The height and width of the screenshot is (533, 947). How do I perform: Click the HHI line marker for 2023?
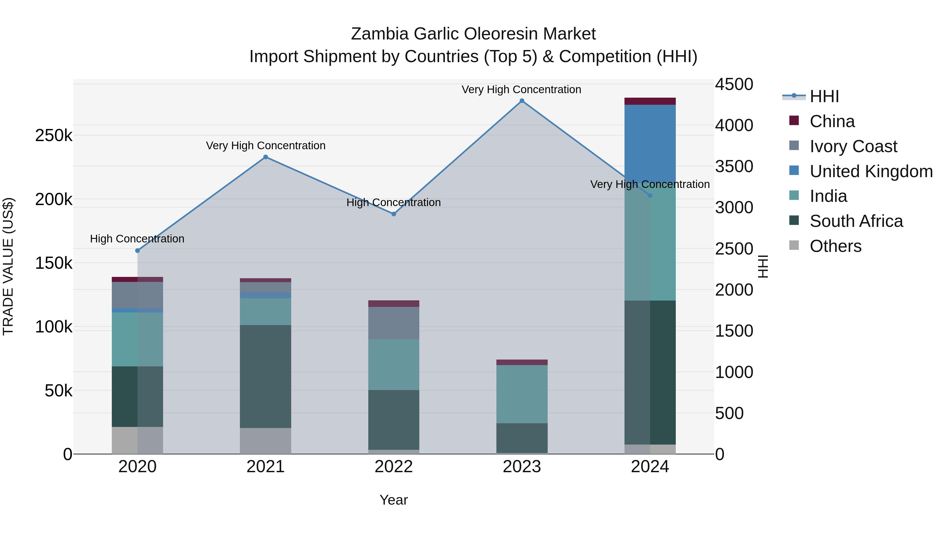click(522, 101)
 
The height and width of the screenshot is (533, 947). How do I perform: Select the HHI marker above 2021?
click(265, 157)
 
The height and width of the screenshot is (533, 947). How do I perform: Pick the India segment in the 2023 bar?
click(522, 393)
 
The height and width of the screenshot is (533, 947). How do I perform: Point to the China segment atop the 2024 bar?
click(650, 101)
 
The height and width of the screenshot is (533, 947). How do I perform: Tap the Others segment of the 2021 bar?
click(265, 440)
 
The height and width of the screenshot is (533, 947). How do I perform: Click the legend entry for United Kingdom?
click(871, 171)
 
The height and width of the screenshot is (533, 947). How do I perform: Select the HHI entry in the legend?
click(824, 96)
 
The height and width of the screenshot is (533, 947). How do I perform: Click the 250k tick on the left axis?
click(54, 136)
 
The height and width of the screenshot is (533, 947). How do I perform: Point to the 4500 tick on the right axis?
click(734, 84)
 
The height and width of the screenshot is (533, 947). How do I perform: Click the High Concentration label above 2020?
click(137, 239)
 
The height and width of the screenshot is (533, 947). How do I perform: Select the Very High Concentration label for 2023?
click(521, 89)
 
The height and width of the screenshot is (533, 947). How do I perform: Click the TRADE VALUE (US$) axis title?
click(8, 266)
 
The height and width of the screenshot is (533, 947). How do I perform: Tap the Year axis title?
click(393, 500)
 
